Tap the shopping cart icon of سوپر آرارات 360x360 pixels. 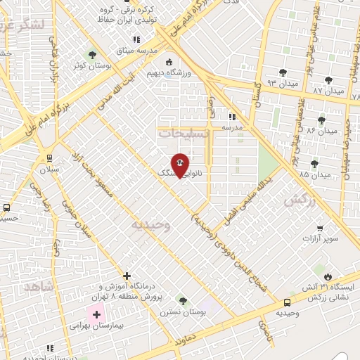321,229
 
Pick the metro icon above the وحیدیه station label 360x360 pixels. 286,302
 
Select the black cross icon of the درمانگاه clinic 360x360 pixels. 127,275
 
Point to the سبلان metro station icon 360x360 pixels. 49,158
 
